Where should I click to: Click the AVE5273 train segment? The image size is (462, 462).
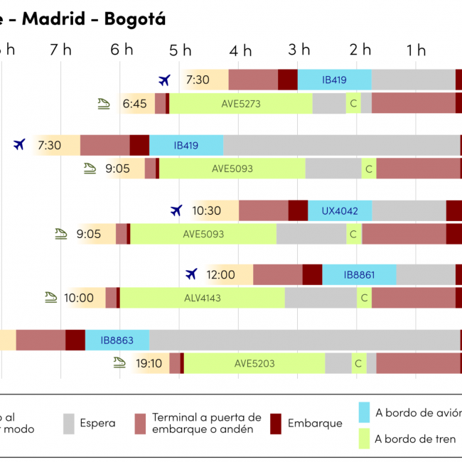[x=241, y=103]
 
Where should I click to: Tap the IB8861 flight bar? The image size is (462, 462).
[x=359, y=275]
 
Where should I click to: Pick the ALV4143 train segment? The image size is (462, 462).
[x=203, y=298]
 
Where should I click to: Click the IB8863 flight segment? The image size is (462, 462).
[x=117, y=340]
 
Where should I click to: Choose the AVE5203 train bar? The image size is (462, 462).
[x=254, y=363]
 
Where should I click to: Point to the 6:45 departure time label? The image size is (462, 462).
[x=134, y=104]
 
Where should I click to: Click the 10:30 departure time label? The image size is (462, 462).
[x=207, y=211]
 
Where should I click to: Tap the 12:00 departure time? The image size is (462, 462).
[x=220, y=275]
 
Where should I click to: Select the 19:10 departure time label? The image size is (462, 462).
[x=149, y=363]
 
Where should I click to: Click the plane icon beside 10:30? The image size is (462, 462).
[x=177, y=210]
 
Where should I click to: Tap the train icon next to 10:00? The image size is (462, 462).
[x=49, y=297]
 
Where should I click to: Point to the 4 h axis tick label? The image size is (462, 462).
[x=241, y=50]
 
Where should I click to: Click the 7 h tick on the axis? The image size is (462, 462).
[x=61, y=50]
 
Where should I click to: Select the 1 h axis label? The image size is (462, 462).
[x=416, y=50]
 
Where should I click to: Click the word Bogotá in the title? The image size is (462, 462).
[x=135, y=19]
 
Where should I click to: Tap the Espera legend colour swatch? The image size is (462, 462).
[x=69, y=423]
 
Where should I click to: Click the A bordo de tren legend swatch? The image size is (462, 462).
[x=365, y=439]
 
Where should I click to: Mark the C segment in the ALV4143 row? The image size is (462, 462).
[x=364, y=298]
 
